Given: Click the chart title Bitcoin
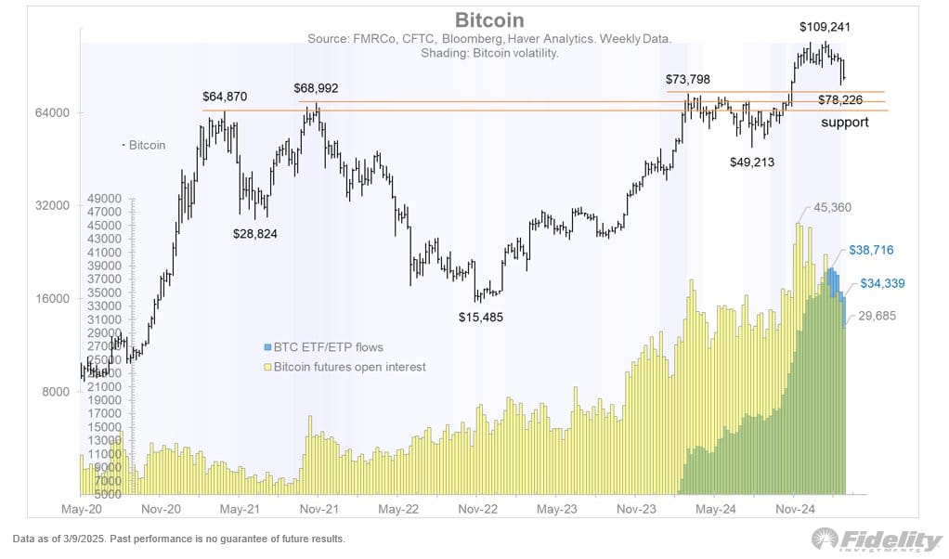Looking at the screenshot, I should [x=488, y=19].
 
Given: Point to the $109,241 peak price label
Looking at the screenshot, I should [x=825, y=27].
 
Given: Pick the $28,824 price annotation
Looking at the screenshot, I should [x=257, y=233].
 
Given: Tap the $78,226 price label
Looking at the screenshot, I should [x=843, y=99].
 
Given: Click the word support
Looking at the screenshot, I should [x=844, y=122].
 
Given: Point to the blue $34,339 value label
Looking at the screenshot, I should [x=882, y=283].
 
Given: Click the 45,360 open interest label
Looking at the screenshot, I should [x=831, y=207].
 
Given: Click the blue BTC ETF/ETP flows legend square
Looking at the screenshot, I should [x=267, y=347].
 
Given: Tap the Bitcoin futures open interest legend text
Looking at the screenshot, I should [x=349, y=367].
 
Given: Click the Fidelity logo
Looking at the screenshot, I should [x=877, y=539].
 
